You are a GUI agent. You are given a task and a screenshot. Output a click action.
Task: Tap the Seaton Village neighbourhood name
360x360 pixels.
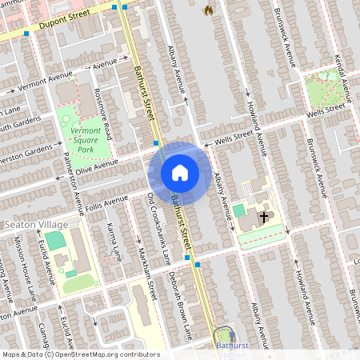click(x=30, y=225)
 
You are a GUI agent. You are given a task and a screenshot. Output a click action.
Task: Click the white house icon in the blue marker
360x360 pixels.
click(x=179, y=172)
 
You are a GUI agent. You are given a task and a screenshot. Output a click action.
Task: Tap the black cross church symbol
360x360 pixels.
click(x=263, y=217)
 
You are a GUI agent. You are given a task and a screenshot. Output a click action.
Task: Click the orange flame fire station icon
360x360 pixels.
click(x=209, y=10)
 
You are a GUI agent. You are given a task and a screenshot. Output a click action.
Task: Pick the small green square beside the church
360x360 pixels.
click(x=239, y=210)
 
